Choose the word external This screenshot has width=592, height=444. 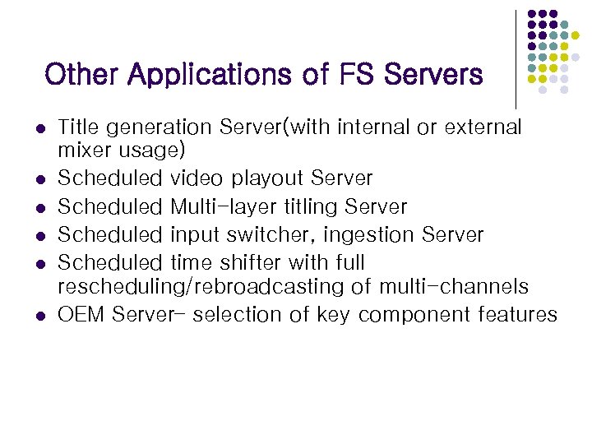483,127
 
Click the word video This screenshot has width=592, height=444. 197,178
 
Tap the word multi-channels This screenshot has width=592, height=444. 453,287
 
